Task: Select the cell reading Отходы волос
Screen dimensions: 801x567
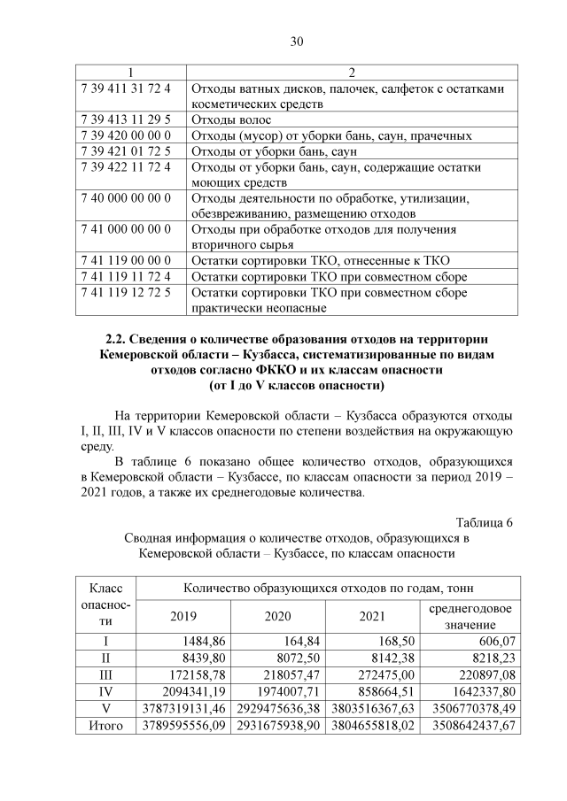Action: (x=229, y=119)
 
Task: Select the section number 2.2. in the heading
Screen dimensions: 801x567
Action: (x=118, y=339)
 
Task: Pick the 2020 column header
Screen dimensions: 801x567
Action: (x=278, y=617)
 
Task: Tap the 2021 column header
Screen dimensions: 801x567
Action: (x=373, y=617)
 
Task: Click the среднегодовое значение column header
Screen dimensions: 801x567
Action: (x=470, y=617)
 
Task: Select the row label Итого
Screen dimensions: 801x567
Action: (x=105, y=726)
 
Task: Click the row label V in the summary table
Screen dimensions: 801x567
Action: (x=105, y=709)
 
